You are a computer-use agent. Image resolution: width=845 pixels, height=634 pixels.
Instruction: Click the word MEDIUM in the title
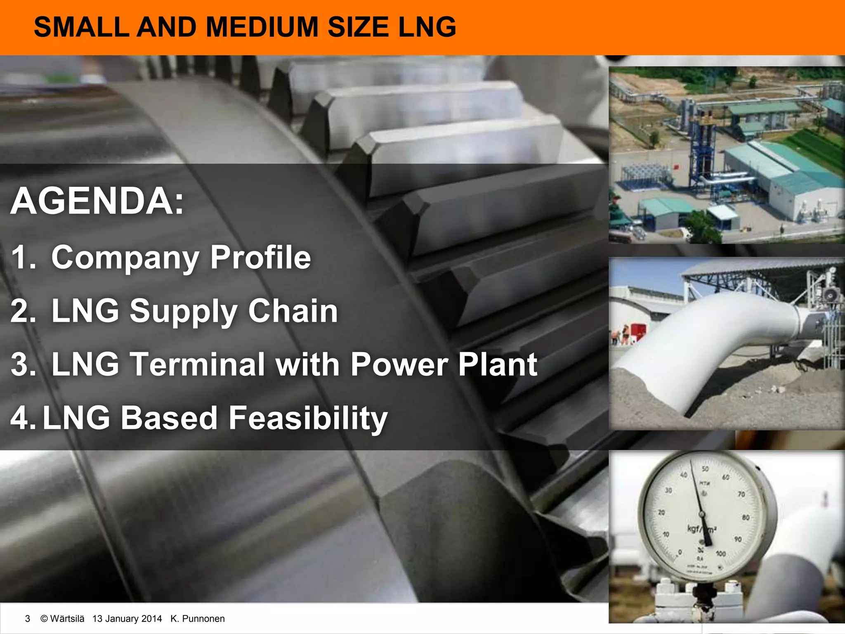pyautogui.click(x=262, y=27)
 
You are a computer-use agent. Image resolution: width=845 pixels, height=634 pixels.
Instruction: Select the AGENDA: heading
pyautogui.click(x=97, y=201)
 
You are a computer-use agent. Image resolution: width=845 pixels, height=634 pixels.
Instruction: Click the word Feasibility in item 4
pyautogui.click(x=308, y=418)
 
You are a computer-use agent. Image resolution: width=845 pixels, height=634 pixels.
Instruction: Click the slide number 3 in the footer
pyautogui.click(x=28, y=619)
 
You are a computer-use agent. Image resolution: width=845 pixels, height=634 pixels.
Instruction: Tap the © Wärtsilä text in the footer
pyautogui.click(x=62, y=619)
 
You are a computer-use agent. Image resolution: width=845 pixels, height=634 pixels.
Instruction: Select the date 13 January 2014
pyautogui.click(x=127, y=619)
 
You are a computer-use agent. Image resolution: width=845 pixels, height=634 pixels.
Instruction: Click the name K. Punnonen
pyautogui.click(x=197, y=619)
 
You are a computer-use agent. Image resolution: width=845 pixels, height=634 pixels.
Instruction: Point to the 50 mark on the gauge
pyautogui.click(x=705, y=469)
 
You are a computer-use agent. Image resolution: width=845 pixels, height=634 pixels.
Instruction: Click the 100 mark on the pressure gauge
pyautogui.click(x=720, y=554)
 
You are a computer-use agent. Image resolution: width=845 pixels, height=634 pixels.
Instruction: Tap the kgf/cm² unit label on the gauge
pyautogui.click(x=701, y=529)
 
